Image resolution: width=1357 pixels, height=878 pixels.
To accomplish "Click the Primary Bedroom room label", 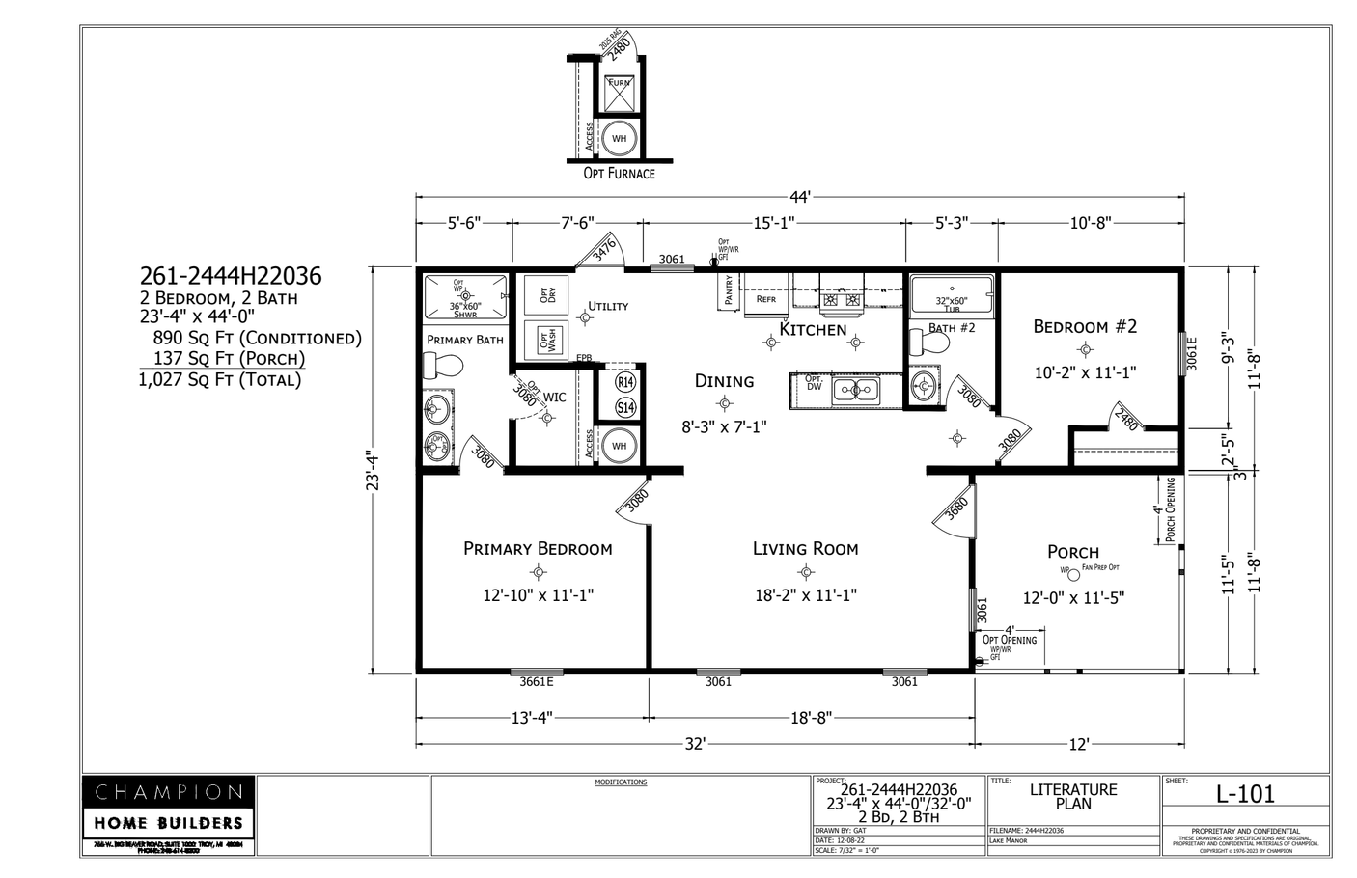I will [x=538, y=549].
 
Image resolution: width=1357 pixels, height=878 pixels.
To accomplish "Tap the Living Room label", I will [x=805, y=549].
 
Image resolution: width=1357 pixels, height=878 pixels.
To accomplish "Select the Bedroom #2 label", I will [x=1085, y=326].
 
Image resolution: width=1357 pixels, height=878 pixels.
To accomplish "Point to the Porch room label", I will [x=1073, y=552].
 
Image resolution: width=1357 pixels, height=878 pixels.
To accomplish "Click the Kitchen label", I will [x=813, y=330].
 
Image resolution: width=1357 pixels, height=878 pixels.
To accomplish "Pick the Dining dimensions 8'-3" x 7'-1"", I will [x=724, y=425].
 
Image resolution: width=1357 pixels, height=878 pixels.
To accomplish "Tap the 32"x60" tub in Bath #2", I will [x=952, y=293].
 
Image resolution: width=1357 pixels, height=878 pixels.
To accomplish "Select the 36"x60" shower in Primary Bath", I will [x=465, y=296].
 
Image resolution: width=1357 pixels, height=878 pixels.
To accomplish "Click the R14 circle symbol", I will [x=625, y=382].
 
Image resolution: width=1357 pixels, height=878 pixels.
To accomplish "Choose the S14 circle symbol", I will [x=625, y=408].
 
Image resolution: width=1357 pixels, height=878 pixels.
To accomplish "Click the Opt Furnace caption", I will [x=619, y=174].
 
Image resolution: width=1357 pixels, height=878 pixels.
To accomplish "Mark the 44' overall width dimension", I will [x=800, y=198].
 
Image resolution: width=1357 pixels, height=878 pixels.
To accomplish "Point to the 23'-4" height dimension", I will [x=373, y=470].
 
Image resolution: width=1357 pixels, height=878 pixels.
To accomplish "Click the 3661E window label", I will [x=537, y=682].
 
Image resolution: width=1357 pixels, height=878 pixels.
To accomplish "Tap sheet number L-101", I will [x=1245, y=794].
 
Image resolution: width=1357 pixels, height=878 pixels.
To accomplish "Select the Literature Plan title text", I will [x=1073, y=797].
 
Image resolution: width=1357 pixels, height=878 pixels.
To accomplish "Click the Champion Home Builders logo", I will [x=168, y=808].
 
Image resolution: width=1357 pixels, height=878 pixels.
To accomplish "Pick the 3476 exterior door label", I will [x=604, y=251].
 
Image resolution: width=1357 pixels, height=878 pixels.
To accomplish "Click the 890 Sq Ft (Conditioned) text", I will [x=257, y=339].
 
